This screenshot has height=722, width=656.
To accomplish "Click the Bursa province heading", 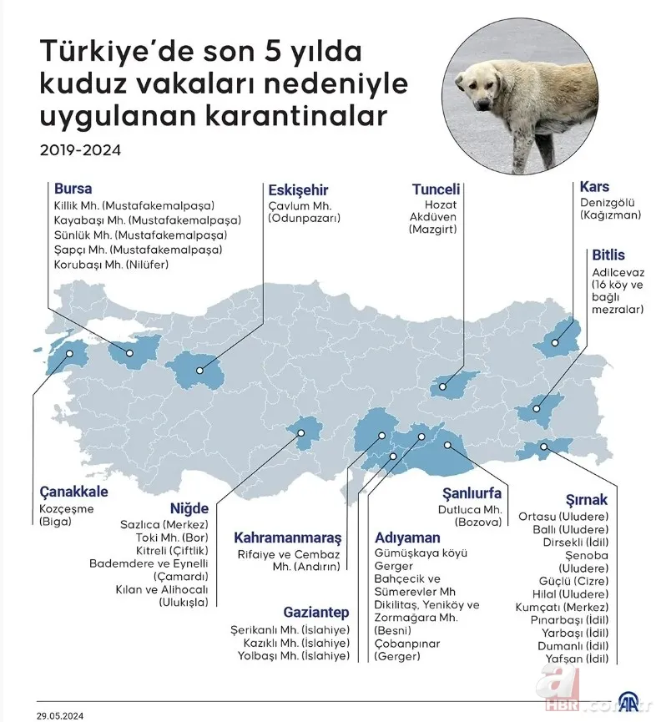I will (73, 189).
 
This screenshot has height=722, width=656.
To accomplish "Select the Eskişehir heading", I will (298, 189).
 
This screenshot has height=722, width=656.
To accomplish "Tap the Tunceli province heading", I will (436, 189).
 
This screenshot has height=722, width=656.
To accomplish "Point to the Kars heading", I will (594, 186).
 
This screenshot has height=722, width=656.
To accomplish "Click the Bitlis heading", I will (608, 255).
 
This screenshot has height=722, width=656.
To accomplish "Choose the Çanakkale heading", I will (73, 492).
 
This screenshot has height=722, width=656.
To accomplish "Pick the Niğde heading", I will (189, 507).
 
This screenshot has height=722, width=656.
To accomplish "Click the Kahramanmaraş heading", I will (287, 537).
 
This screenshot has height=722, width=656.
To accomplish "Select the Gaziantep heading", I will (314, 613).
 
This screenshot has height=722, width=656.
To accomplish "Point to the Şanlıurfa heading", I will (472, 492).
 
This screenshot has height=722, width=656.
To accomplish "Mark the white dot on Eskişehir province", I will (200, 371).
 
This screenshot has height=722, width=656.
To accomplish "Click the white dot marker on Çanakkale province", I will (70, 354).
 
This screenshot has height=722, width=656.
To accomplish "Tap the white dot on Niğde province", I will (301, 432).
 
